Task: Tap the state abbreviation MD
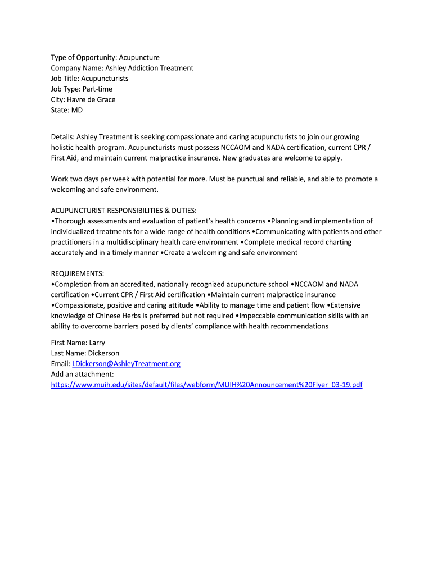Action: (76, 110)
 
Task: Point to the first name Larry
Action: (96, 343)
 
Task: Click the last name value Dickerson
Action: (101, 353)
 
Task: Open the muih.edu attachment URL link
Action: (206, 385)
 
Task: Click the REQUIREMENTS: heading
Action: (77, 273)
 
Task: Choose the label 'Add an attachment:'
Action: (82, 375)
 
